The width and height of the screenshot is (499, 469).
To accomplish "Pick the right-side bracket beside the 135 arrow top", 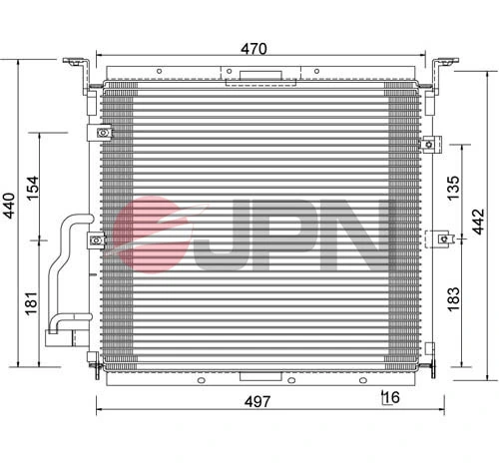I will tap(430, 144).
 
